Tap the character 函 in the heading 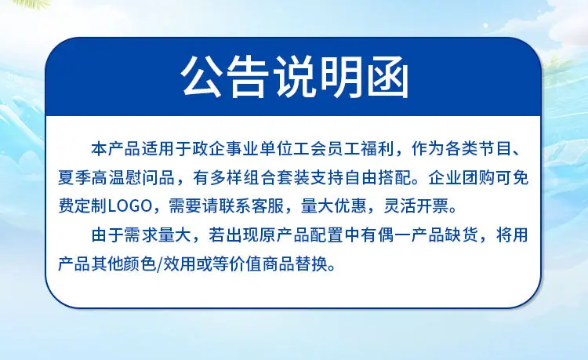[387, 78]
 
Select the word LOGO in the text [129, 206]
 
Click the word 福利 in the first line [377, 149]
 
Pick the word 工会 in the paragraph [310, 149]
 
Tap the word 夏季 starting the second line [74, 178]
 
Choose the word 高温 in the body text [108, 178]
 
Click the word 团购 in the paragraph [478, 178]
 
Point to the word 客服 [267, 206]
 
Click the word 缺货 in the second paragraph [462, 235]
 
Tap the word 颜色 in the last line [142, 264]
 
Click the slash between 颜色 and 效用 [161, 264]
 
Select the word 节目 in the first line [495, 149]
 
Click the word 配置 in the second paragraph [327, 235]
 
